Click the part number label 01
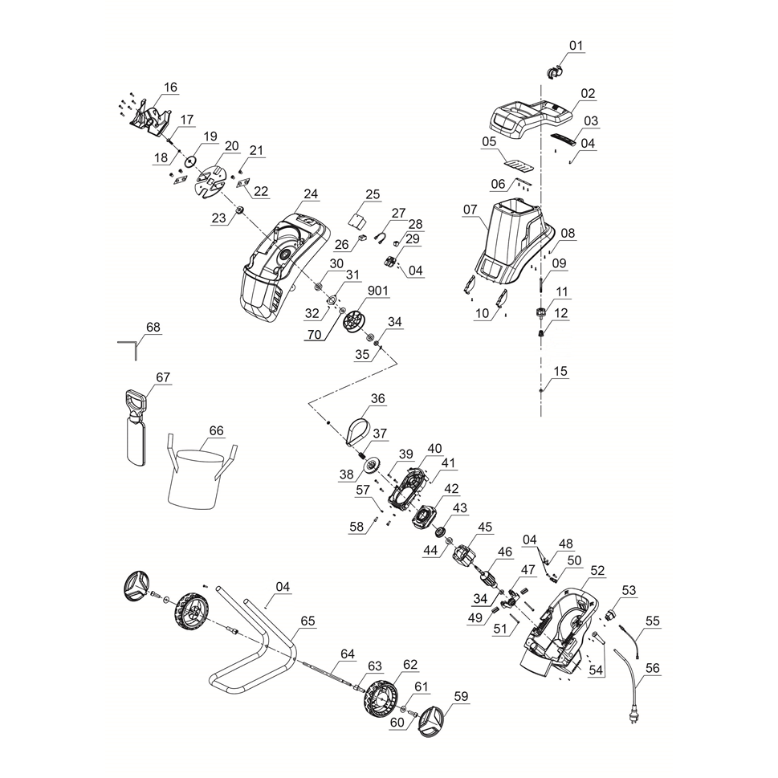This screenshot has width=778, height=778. tap(576, 46)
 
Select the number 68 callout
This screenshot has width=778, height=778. tap(153, 327)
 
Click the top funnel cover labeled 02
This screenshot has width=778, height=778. tap(531, 116)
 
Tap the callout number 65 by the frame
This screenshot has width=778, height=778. tap(308, 621)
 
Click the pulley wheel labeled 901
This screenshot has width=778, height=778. tap(352, 324)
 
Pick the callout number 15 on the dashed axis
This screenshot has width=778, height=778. tap(560, 371)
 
